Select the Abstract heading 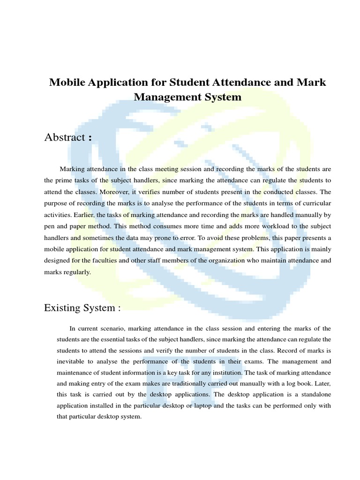(x=64, y=137)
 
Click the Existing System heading (x=82, y=307)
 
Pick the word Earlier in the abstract (x=83, y=215)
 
